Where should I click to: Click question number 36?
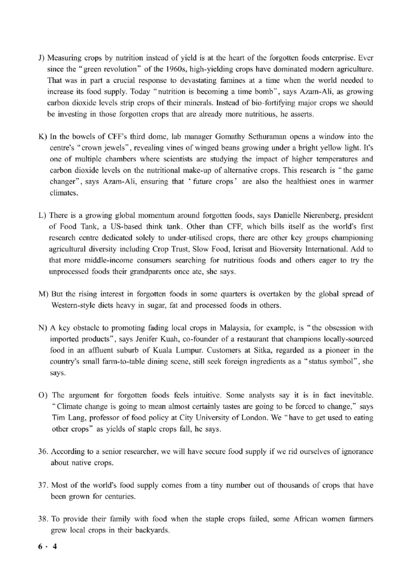click(x=43, y=451)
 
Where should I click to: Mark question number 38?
click(x=43, y=519)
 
